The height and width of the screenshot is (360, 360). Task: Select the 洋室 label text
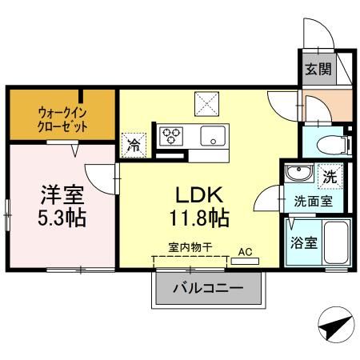(62, 194)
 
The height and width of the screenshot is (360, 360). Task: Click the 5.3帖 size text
(62, 217)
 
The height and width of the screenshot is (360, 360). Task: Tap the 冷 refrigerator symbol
(134, 146)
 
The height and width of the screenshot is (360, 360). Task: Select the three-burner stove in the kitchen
(171, 135)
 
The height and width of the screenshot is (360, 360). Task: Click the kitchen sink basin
(213, 134)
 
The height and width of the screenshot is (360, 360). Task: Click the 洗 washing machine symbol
(329, 173)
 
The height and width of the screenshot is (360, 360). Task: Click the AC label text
(246, 250)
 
